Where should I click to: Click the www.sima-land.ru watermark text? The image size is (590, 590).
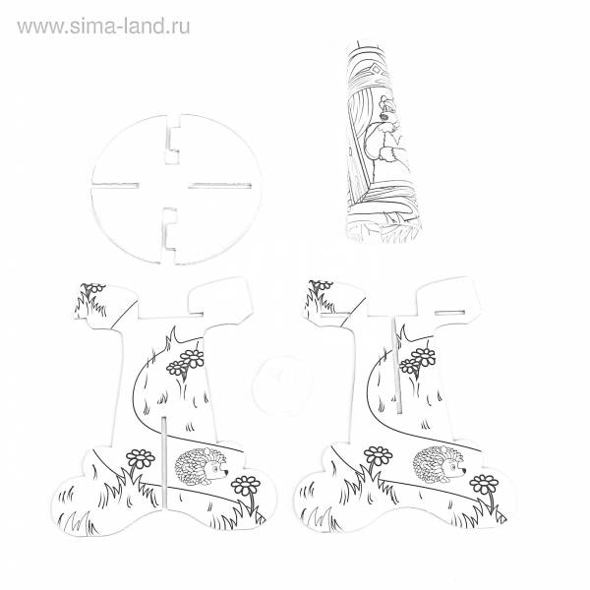pyautogui.click(x=103, y=27)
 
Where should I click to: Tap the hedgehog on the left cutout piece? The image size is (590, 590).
pyautogui.click(x=201, y=465)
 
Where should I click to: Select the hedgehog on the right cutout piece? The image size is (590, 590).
pyautogui.click(x=440, y=464)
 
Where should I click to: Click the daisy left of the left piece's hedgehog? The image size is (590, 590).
pyautogui.click(x=141, y=458)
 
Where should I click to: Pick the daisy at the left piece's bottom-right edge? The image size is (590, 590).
pyautogui.click(x=245, y=486)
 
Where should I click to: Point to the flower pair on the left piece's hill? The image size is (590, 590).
pyautogui.click(x=186, y=362)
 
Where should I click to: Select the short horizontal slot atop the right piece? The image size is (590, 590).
pyautogui.click(x=449, y=313)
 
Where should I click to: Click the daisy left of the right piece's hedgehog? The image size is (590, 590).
pyautogui.click(x=378, y=455)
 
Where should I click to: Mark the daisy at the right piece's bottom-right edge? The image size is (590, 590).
pyautogui.click(x=484, y=485)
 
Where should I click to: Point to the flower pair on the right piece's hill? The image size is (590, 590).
pyautogui.click(x=418, y=361)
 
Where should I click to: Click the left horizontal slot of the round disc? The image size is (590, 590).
pyautogui.click(x=115, y=186)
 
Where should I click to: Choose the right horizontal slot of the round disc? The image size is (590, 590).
pyautogui.click(x=219, y=185)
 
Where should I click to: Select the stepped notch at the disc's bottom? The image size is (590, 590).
pyautogui.click(x=170, y=234)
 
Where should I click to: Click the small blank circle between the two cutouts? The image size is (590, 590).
pyautogui.click(x=282, y=384)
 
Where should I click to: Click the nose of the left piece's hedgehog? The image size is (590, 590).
pyautogui.click(x=226, y=470)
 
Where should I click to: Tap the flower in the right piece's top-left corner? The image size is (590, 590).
pyautogui.click(x=321, y=284)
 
